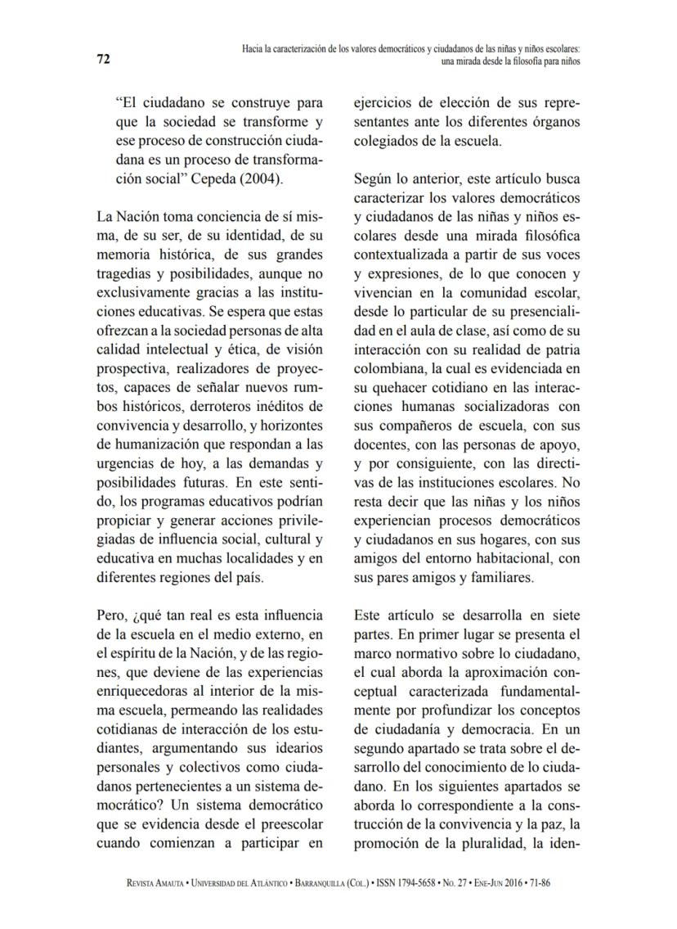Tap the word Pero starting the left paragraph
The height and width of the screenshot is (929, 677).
111,614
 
